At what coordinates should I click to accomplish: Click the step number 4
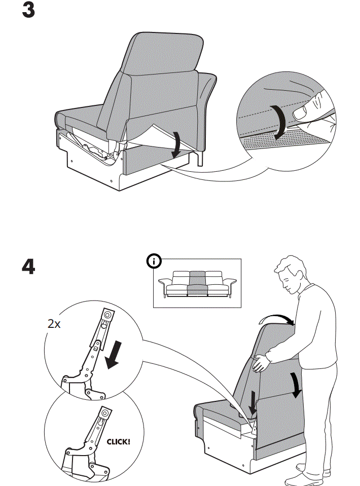pyautogui.click(x=28, y=267)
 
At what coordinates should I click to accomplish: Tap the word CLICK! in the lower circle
pyautogui.click(x=118, y=441)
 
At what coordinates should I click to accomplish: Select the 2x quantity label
pyautogui.click(x=54, y=324)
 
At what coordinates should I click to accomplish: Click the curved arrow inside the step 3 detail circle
pyautogui.click(x=278, y=122)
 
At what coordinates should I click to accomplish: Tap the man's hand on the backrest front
pyautogui.click(x=262, y=362)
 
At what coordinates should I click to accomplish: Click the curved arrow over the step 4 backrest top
pyautogui.click(x=276, y=318)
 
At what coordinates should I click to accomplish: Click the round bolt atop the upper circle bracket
pyautogui.click(x=107, y=315)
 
